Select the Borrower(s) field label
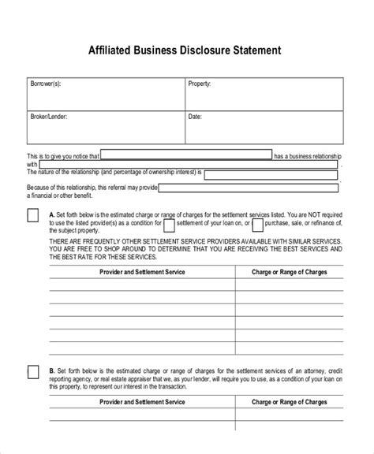coord(47,82)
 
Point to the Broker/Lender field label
coord(50,116)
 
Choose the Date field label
coord(195,116)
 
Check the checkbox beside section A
coord(33,216)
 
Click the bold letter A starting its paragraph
coord(51,212)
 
